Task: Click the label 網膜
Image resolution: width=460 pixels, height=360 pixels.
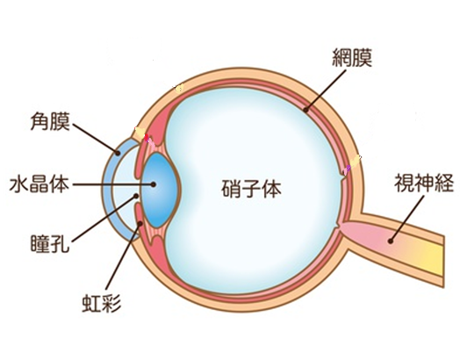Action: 352,58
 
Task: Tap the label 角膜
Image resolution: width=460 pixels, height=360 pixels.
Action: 50,122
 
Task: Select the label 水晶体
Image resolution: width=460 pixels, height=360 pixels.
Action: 40,184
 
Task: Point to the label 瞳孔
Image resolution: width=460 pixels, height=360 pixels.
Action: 50,243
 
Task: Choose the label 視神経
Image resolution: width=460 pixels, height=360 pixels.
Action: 424,183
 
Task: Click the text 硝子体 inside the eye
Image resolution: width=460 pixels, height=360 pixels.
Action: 251,189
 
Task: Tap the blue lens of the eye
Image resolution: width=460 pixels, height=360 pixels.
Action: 160,191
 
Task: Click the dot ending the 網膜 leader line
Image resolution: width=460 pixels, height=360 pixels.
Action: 305,111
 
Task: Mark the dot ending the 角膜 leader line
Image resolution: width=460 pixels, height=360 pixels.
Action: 118,153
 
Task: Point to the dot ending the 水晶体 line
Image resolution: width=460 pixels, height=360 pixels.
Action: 153,184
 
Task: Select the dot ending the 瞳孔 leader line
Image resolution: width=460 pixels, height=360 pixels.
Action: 136,196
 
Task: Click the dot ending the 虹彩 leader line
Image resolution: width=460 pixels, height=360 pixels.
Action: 140,224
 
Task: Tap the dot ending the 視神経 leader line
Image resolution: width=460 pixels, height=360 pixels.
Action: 390,241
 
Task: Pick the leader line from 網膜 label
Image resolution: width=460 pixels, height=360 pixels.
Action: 326,90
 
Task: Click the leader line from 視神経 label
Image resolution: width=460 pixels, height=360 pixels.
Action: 407,219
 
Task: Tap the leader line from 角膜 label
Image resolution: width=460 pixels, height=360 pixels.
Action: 95,138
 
